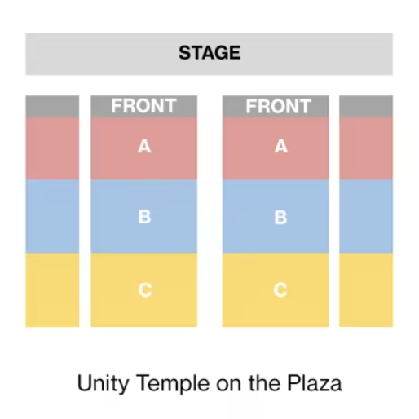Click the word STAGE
click(x=209, y=53)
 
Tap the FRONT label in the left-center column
click(x=143, y=106)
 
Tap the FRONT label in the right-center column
click(x=278, y=106)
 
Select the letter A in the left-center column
click(x=144, y=147)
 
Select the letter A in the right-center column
click(x=281, y=147)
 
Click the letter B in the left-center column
click(x=144, y=217)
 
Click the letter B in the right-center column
click(x=280, y=217)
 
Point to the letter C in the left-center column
click(x=145, y=290)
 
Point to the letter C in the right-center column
click(x=280, y=290)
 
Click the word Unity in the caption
click(x=103, y=383)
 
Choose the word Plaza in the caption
click(x=315, y=382)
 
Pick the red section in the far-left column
click(x=52, y=148)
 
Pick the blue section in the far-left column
click(x=52, y=216)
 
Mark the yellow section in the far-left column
click(x=52, y=290)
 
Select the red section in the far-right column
click(x=366, y=148)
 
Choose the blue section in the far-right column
click(x=366, y=216)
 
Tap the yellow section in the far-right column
click(x=366, y=290)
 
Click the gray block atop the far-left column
click(x=52, y=106)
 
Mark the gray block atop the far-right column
click(x=366, y=106)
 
